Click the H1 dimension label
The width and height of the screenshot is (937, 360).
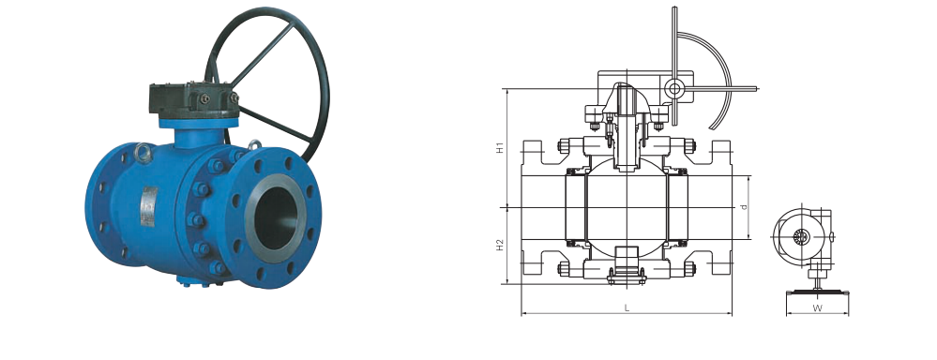501,147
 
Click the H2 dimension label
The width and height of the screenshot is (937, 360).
501,245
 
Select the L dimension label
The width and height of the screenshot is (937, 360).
627,308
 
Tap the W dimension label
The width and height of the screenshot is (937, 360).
817,308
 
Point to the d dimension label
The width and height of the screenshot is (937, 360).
744,207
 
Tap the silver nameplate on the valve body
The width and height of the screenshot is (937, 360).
149,206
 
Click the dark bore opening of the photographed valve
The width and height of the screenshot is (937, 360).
276,217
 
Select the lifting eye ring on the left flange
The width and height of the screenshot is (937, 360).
143,153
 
